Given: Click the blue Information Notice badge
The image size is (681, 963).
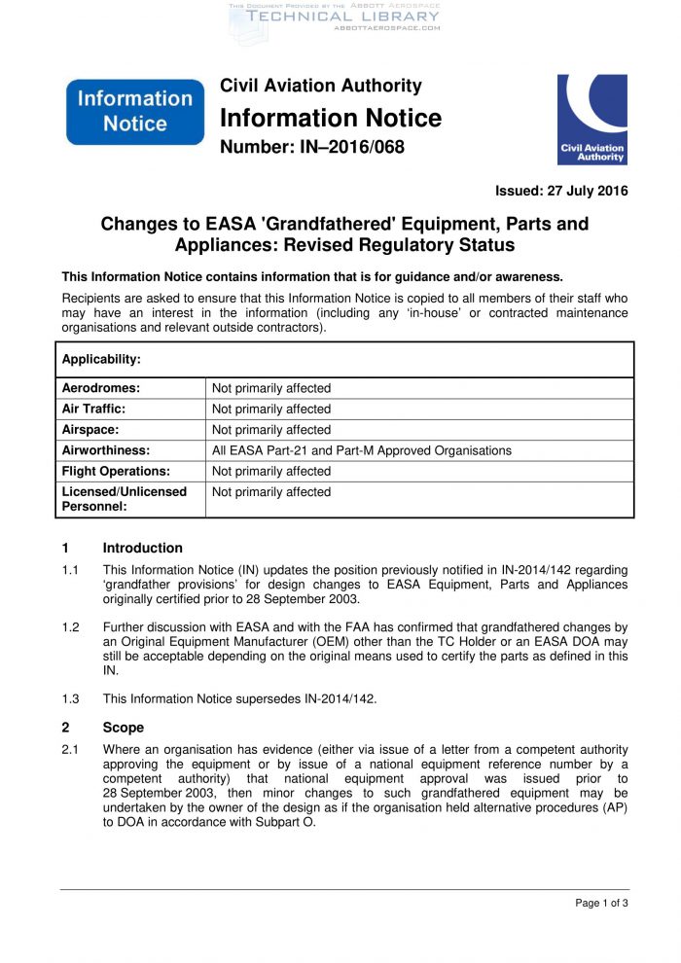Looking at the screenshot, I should (x=134, y=111).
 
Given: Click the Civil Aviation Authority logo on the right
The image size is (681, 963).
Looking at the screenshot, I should (x=591, y=119).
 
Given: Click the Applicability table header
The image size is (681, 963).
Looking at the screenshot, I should (x=101, y=359).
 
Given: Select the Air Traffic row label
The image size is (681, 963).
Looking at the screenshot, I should (x=93, y=409).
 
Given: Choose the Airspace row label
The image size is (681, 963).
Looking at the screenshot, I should (x=90, y=429).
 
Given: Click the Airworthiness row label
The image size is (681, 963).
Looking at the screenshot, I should (x=106, y=450).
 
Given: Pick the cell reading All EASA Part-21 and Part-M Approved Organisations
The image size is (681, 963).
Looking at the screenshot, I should (x=362, y=450).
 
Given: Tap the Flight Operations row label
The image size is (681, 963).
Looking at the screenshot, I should (x=116, y=471).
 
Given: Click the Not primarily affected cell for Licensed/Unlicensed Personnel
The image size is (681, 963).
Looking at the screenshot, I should (x=271, y=492).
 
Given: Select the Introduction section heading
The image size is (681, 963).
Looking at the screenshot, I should (x=142, y=548).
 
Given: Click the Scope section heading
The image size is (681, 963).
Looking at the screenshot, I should (x=123, y=728).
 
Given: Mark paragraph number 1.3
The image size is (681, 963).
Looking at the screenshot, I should (x=70, y=698).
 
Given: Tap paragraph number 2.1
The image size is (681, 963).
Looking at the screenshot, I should (x=70, y=750).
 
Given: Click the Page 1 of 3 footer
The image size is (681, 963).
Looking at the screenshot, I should (x=601, y=904).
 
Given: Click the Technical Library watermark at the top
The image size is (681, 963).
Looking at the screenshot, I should (x=342, y=17).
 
